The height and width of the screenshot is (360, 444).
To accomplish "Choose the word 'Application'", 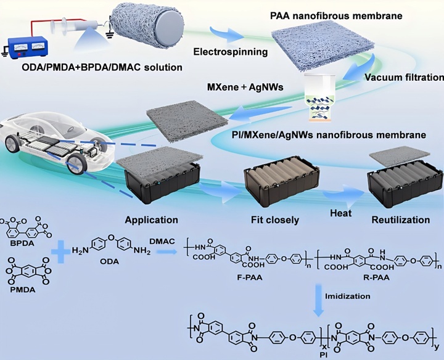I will (152, 219).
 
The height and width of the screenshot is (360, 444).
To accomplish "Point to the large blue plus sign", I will (62, 253).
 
